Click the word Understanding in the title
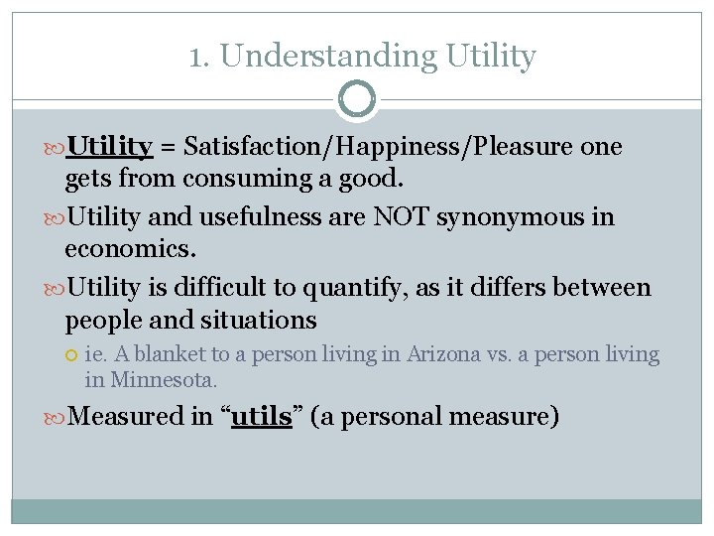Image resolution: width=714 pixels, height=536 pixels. point(327,58)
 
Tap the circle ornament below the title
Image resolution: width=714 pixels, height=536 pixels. point(357,99)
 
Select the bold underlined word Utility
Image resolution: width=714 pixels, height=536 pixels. point(109,148)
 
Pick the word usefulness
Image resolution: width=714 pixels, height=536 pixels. point(289,217)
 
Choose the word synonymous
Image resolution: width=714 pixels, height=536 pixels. point(515,217)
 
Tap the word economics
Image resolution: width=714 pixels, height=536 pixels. point(127,248)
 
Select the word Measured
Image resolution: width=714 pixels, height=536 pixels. point(129,416)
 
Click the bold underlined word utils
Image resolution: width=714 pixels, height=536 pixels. point(261,416)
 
